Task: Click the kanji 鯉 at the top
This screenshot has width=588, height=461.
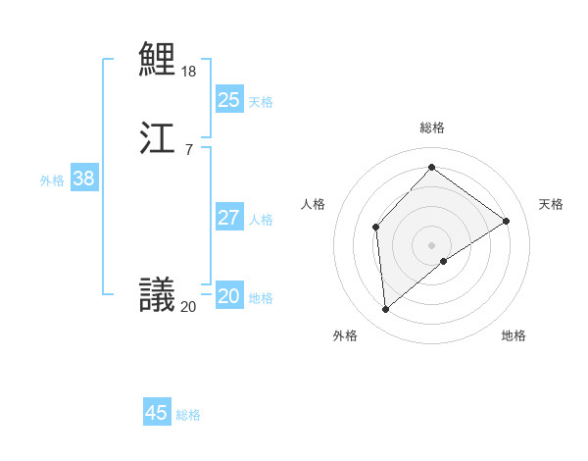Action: point(157,59)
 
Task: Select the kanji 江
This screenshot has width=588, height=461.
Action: point(157,137)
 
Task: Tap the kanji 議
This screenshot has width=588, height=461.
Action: point(157,293)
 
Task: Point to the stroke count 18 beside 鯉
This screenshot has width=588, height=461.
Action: point(189,72)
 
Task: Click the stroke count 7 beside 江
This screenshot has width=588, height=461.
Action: point(188,150)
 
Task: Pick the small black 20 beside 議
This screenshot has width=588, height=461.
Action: point(188,307)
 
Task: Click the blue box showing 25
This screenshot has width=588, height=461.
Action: point(228,99)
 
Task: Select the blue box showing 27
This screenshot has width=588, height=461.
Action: point(228,217)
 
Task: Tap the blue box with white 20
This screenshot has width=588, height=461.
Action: point(228,295)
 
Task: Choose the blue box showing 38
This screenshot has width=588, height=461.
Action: point(83,178)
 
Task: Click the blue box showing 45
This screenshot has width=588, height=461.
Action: point(156,413)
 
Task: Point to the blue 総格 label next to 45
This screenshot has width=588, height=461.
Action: point(188,415)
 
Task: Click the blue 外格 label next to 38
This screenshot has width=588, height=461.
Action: point(52,180)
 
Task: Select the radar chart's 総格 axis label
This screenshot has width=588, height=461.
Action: point(432,128)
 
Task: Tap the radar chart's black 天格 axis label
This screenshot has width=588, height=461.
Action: point(551,204)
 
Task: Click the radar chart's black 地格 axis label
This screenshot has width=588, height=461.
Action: point(514,335)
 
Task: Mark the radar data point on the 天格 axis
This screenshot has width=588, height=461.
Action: point(507,221)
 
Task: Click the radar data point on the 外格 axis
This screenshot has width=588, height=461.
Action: point(386,310)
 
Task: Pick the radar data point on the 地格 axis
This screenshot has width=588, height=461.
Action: point(444,261)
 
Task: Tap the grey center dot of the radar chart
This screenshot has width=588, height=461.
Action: point(432,244)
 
